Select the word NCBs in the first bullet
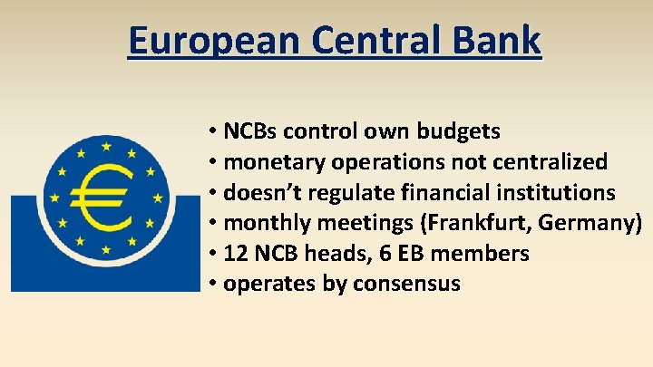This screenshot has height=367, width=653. (x=250, y=131)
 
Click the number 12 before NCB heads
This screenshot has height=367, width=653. (x=234, y=254)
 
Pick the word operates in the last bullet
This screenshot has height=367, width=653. (x=265, y=284)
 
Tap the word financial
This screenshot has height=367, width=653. (x=437, y=193)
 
